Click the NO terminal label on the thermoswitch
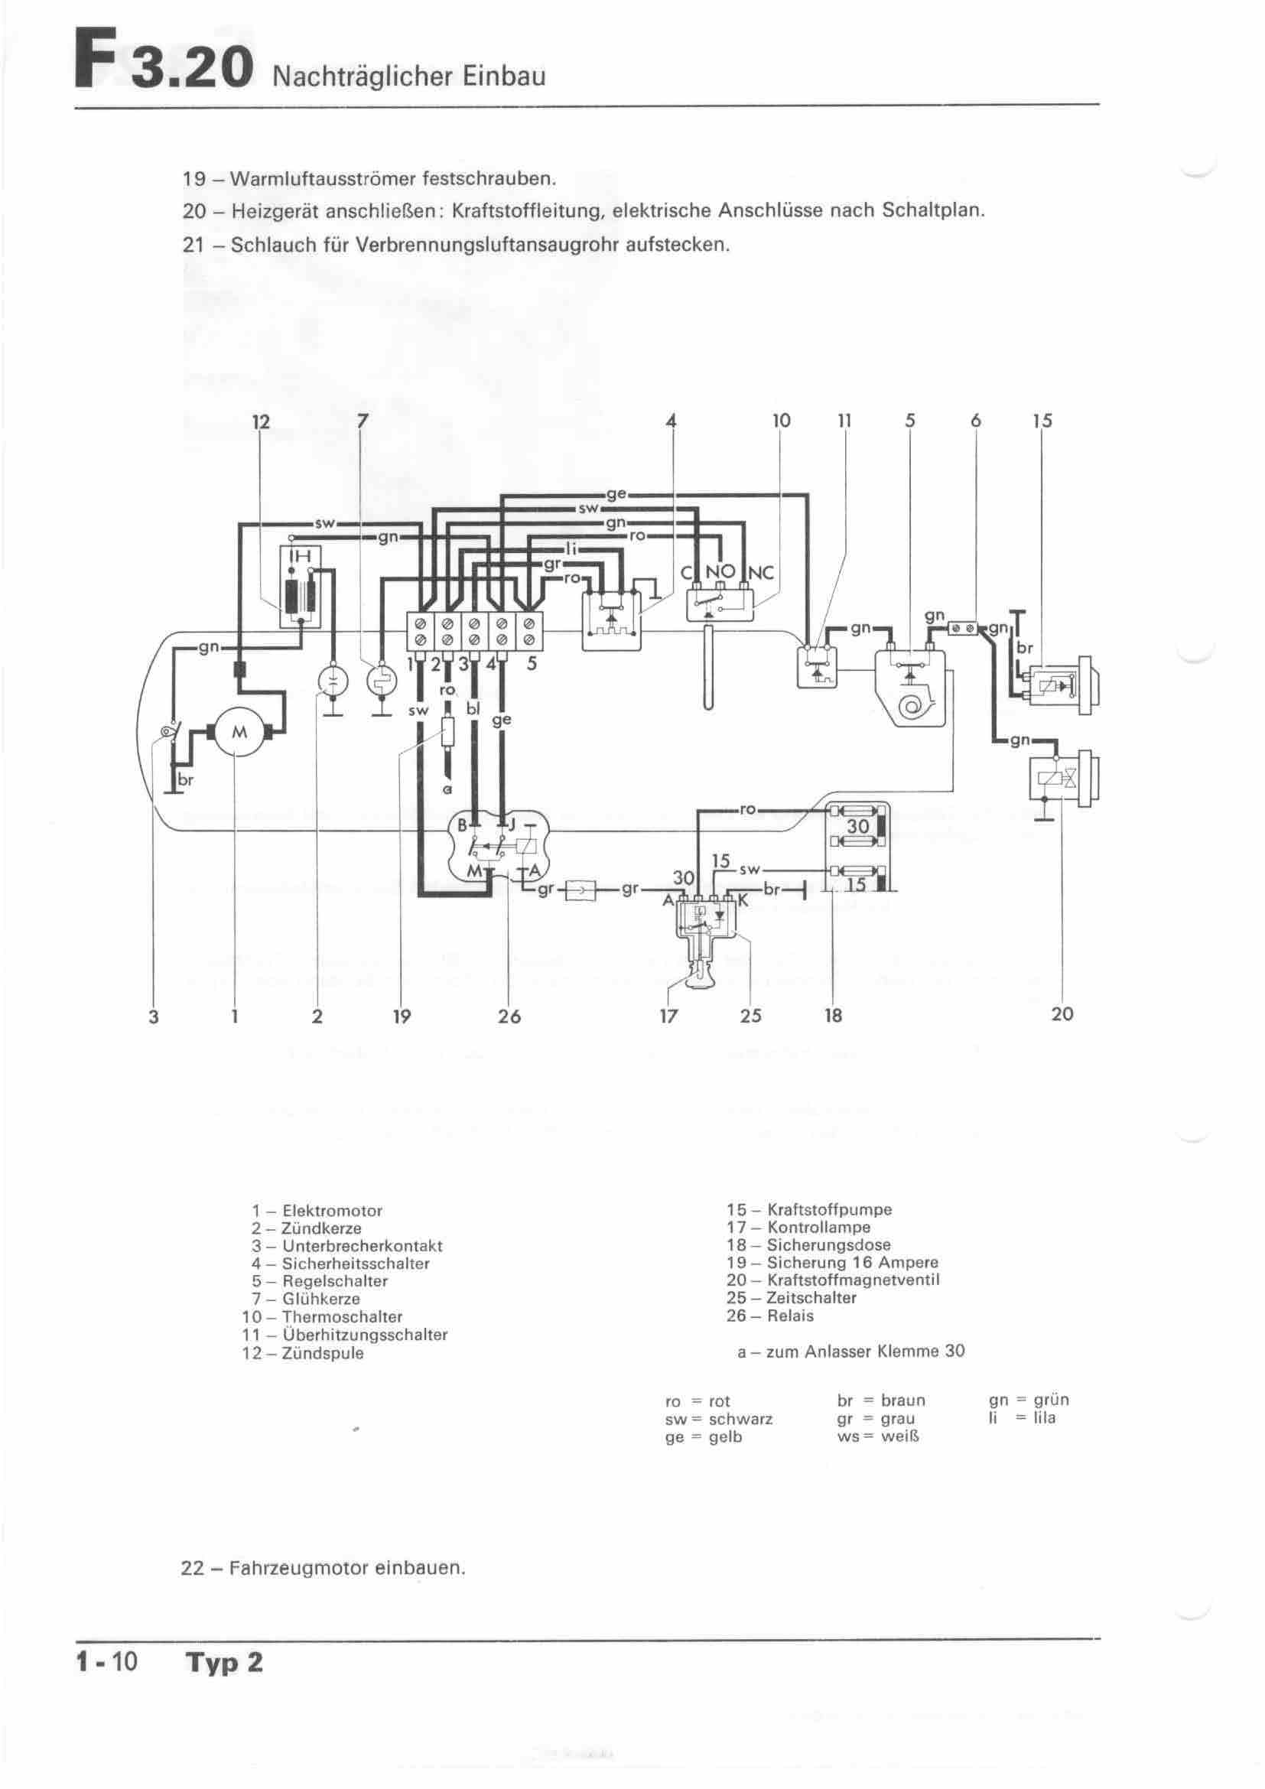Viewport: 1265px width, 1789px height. (x=720, y=573)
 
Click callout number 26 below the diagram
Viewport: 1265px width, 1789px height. (x=509, y=1016)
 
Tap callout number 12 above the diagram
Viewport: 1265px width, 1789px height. (x=261, y=421)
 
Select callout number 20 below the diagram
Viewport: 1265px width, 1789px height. (x=1062, y=1013)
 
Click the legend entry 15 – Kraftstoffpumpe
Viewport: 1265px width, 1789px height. (x=809, y=1209)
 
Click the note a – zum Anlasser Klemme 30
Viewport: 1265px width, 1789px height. (x=850, y=1352)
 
